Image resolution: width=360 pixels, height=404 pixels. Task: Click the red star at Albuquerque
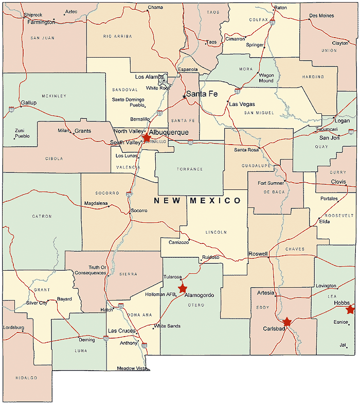coord(147,137)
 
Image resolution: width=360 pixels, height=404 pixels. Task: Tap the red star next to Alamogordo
coord(182,288)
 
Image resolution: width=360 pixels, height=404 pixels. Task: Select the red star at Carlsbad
coord(287,322)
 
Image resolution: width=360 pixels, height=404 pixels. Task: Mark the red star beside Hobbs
coord(351,309)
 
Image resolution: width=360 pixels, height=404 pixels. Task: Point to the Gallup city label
coord(29,103)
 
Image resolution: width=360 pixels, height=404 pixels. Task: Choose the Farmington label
coord(41,23)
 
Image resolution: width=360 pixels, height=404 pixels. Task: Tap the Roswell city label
coord(258,254)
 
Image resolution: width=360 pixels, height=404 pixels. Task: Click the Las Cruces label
coord(122,330)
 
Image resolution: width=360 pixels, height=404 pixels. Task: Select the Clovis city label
coord(338,181)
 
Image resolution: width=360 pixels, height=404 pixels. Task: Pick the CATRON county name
coord(42,216)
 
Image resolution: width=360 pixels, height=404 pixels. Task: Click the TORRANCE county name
coord(190,169)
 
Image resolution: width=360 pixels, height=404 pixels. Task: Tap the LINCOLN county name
coord(216,232)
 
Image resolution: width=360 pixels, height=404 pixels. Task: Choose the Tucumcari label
coord(327,129)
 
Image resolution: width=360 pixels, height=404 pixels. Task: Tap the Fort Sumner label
coord(271,183)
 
